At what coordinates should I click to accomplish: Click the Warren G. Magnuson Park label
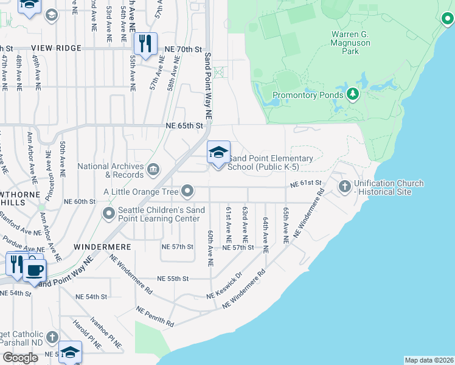coord(354,43)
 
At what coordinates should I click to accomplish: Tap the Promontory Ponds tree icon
coord(352,94)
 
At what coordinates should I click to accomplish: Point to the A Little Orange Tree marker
coord(188,192)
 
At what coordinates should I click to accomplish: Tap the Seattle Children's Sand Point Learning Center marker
coord(109,213)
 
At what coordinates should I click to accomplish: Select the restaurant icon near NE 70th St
coord(145,44)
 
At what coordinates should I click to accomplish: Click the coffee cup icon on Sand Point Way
coord(35,269)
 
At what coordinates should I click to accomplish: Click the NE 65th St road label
coord(184,126)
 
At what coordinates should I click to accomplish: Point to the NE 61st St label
coord(305,183)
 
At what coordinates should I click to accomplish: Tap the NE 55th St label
coord(173,278)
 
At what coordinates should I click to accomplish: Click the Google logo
coord(20,358)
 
